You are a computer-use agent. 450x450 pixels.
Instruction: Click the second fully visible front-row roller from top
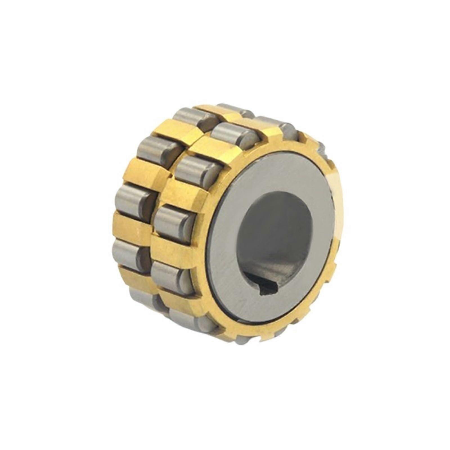click(x=197, y=169)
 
